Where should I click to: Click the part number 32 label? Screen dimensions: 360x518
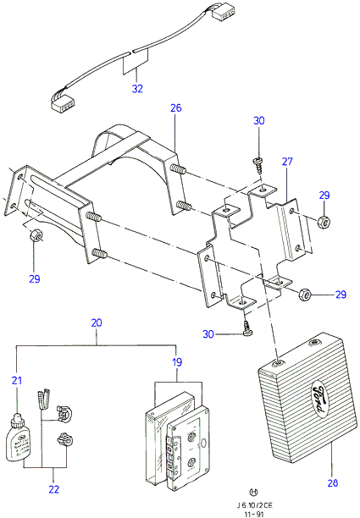pos(137,89)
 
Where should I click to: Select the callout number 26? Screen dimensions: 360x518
pos(176,107)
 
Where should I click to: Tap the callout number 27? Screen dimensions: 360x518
pos(287,161)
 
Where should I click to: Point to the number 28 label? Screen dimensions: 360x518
pos(333,483)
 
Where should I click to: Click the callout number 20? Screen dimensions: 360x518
pos(97,322)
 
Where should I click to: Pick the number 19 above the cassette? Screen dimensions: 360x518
pos(177,362)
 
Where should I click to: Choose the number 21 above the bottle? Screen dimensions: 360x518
pos(17,380)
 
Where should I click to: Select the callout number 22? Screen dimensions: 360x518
pos(54,489)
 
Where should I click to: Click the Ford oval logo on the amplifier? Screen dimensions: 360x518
pos(318,400)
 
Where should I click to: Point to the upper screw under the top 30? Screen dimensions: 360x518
pos(258,165)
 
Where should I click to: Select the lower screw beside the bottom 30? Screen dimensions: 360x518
pos(246,328)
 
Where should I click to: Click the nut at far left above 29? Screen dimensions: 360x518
pos(36,235)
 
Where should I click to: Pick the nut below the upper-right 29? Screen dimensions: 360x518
pos(324,222)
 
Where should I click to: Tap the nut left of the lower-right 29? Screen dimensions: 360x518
pos(304,294)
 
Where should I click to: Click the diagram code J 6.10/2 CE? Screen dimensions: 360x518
pos(255,505)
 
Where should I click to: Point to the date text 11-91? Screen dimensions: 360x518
pos(254,514)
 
